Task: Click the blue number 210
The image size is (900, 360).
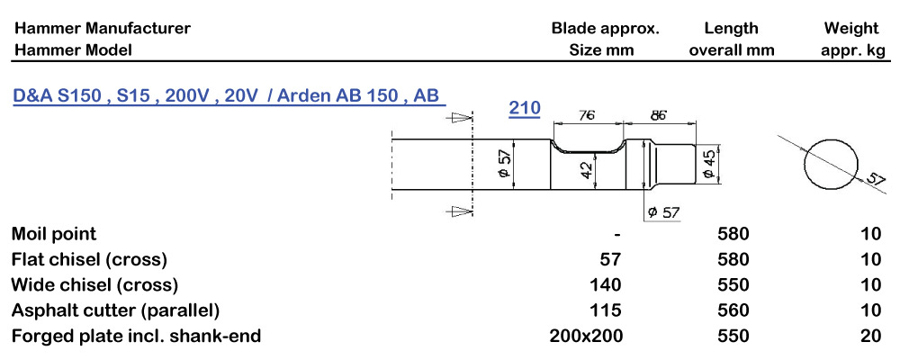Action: click(525, 108)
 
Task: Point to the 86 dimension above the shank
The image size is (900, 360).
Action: click(658, 115)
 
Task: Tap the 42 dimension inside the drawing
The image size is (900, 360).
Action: click(586, 169)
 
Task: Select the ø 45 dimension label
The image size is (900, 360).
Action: click(709, 165)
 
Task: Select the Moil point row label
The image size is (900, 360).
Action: click(54, 234)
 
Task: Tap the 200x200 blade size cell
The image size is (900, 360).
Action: click(586, 336)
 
